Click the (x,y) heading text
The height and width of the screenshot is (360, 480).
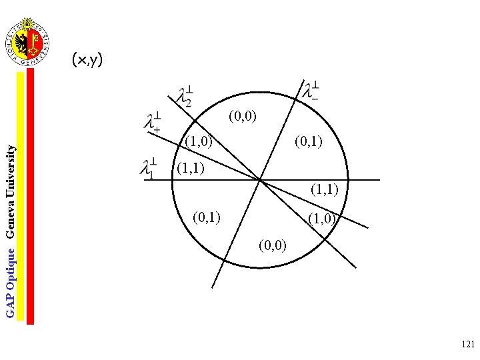pyautogui.click(x=87, y=61)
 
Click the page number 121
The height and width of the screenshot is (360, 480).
pyautogui.click(x=467, y=345)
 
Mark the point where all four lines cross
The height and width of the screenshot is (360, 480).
pyautogui.click(x=259, y=180)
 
